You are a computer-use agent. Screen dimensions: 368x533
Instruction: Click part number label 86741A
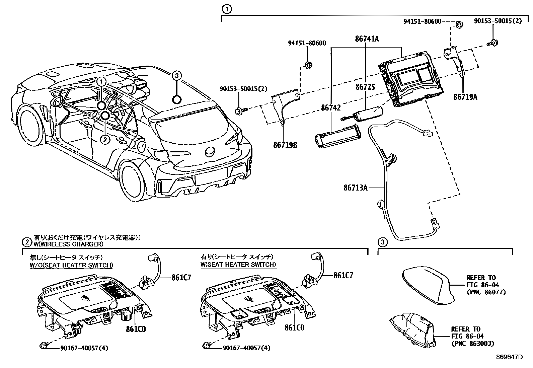367,39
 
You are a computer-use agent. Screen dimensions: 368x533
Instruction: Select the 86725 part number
365,87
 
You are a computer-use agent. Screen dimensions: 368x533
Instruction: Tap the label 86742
331,108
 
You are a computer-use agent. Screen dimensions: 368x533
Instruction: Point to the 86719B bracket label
285,145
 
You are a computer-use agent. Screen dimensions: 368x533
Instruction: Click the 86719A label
465,97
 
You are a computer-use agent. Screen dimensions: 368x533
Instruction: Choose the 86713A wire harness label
355,188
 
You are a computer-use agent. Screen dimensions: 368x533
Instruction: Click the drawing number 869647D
509,357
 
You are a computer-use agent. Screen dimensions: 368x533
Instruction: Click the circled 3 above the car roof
177,76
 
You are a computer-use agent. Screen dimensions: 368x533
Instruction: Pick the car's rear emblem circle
210,152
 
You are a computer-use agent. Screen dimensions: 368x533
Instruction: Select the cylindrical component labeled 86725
367,113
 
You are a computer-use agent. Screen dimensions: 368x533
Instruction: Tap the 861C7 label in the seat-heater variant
343,276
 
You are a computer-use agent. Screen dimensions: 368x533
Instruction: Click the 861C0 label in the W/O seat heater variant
136,329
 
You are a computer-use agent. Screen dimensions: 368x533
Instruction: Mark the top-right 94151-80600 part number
422,22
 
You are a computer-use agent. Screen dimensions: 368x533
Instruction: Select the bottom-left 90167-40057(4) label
84,348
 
